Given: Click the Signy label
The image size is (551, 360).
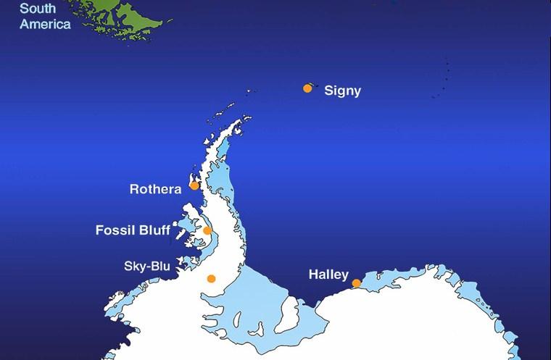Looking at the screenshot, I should [x=342, y=91].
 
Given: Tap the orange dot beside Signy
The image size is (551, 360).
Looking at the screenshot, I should [x=307, y=88].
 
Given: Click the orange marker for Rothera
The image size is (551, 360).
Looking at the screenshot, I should [x=194, y=185].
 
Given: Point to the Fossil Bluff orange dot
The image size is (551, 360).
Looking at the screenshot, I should [x=207, y=231].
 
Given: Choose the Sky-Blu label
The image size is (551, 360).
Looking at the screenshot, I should [x=147, y=267].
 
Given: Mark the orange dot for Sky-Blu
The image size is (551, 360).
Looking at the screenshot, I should [x=211, y=278].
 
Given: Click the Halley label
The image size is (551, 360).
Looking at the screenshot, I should [x=328, y=275].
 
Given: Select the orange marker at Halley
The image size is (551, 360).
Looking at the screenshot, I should [x=356, y=283].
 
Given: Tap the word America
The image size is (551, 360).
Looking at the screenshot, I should [x=45, y=24].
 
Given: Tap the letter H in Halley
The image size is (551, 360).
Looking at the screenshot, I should [x=313, y=275].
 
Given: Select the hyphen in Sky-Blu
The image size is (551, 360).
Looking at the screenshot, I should [x=149, y=267].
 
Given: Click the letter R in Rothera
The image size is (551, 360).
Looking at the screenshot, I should [x=134, y=189].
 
